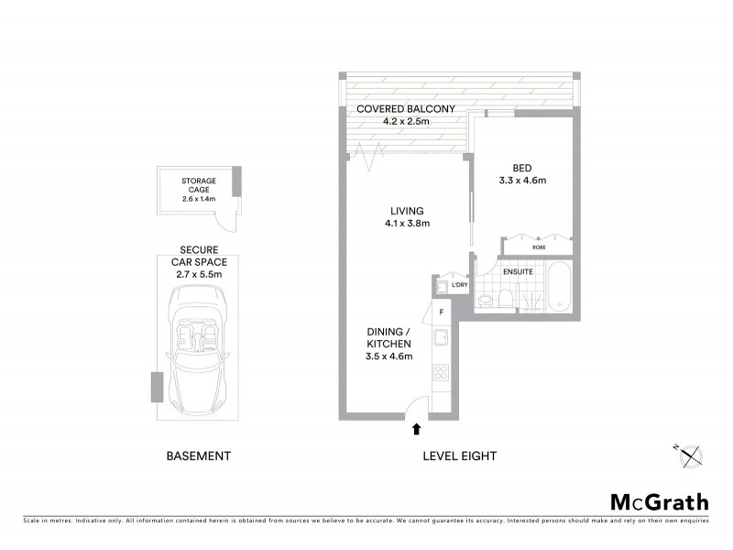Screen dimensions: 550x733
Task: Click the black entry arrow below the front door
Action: point(418,428)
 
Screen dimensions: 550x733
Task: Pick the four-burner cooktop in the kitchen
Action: point(441,373)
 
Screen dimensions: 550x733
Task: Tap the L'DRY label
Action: point(460,286)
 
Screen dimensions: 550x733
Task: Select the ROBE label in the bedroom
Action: point(538,246)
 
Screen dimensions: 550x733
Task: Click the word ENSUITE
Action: point(518,271)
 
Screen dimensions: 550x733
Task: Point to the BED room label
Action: point(521,168)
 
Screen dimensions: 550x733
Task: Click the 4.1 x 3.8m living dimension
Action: point(407,223)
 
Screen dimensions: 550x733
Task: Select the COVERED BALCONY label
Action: point(406,108)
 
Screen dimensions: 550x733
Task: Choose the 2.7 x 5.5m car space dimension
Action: point(198,273)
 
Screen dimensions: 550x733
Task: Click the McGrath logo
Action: point(660,501)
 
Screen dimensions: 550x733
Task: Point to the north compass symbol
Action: point(690,455)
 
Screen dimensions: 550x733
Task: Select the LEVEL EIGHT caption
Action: point(459,456)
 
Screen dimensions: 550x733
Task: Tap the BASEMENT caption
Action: point(198,456)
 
